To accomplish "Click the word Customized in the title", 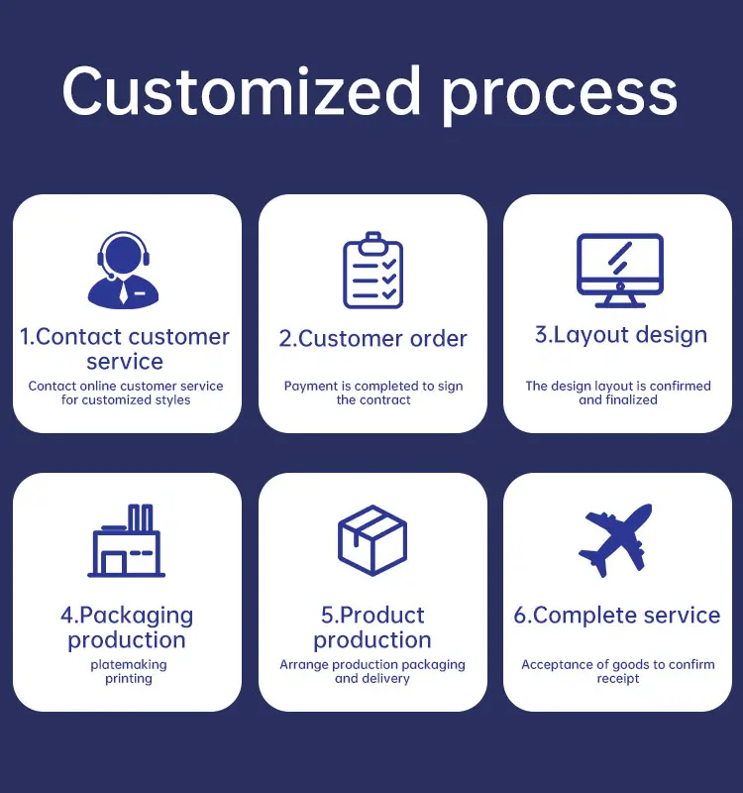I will [243, 91].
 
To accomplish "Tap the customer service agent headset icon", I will [124, 269].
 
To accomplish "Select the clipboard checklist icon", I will [372, 271].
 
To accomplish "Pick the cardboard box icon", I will [372, 540].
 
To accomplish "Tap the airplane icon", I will [616, 539].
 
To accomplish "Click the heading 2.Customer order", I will [372, 339].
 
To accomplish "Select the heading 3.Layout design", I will [621, 335].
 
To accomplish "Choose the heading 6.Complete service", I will [617, 616].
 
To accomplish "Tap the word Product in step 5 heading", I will [382, 616].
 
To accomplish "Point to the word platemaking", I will [129, 665].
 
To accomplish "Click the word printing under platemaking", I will [129, 679].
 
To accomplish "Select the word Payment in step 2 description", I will [311, 387].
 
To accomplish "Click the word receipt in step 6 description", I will [617, 679].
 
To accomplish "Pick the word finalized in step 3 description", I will [631, 400].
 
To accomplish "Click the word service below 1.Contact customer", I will [125, 362].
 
